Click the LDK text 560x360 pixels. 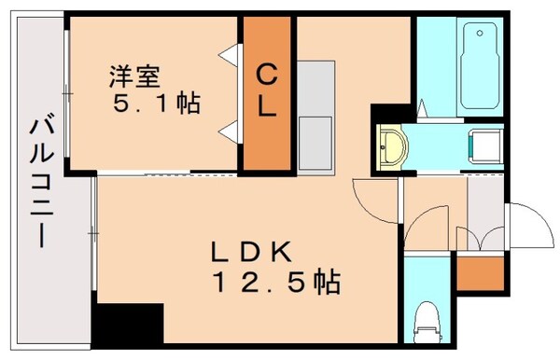[252, 250]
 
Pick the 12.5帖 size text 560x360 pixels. [272, 280]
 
